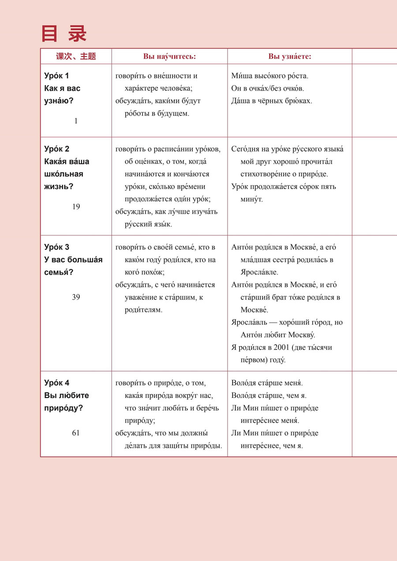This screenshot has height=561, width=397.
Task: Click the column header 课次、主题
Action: (76, 56)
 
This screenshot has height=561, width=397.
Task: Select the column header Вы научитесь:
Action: (169, 56)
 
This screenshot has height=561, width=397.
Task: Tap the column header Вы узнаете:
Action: (290, 56)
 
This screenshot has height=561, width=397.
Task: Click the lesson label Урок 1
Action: (57, 76)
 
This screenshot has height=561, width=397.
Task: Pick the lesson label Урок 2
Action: (57, 149)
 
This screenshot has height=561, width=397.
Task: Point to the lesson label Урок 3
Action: (57, 247)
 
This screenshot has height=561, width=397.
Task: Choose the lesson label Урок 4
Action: (57, 383)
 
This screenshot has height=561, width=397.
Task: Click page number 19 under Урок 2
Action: (76, 207)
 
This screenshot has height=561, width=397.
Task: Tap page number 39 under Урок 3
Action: (76, 297)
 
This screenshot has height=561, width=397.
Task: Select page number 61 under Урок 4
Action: (76, 433)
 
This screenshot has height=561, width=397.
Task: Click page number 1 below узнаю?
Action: (76, 121)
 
